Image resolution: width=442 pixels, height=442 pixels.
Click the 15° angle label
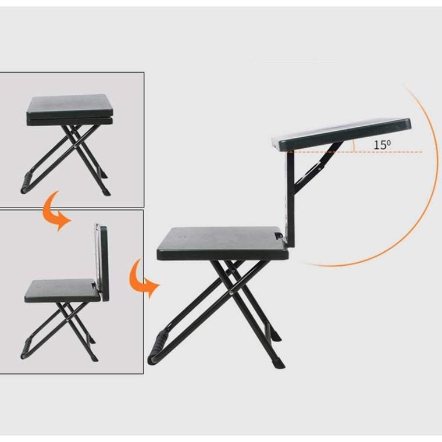tap(382, 145)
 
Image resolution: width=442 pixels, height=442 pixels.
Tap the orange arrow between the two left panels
tap(56, 211)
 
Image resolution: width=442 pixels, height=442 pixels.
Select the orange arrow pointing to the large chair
tap(143, 278)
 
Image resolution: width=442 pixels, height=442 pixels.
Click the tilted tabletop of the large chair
tap(341, 134)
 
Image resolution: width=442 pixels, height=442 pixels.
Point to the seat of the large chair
tap(223, 243)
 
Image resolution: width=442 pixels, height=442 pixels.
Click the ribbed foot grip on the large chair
tap(158, 342)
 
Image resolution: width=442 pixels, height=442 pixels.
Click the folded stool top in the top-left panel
tap(70, 110)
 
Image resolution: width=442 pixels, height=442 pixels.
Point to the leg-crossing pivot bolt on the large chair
tap(231, 293)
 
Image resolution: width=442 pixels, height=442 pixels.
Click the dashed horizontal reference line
tap(355, 152)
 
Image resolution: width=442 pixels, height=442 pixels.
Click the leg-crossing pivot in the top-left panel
tap(76, 147)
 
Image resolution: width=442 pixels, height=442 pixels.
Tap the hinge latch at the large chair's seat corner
tap(279, 236)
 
